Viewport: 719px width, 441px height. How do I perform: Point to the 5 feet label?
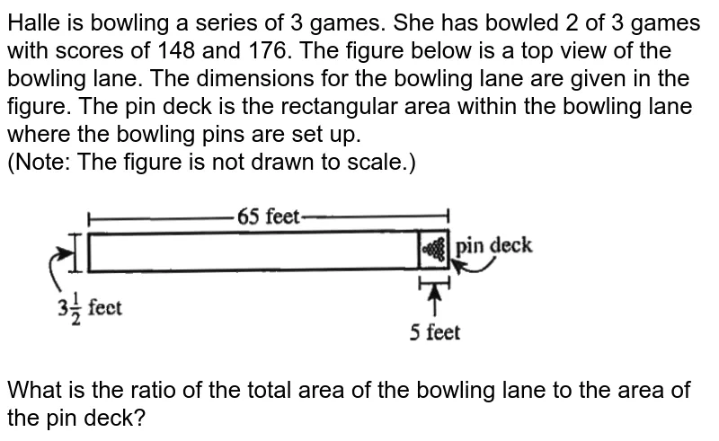[x=434, y=333]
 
